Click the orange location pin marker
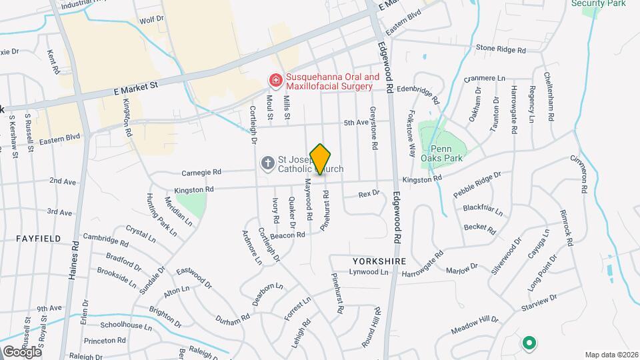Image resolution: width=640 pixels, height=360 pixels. tap(321, 159)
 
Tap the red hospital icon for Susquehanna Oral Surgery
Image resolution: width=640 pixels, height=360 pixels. tap(275, 81)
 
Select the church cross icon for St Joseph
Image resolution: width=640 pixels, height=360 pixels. tap(267, 163)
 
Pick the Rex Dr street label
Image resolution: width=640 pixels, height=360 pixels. tap(368, 193)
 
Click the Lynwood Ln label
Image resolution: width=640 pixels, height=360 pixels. tap(370, 272)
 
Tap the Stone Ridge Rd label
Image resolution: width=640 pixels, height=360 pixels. tap(501, 49)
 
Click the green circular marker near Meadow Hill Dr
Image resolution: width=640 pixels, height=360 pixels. tap(529, 343)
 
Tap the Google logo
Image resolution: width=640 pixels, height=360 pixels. tap(21, 351)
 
